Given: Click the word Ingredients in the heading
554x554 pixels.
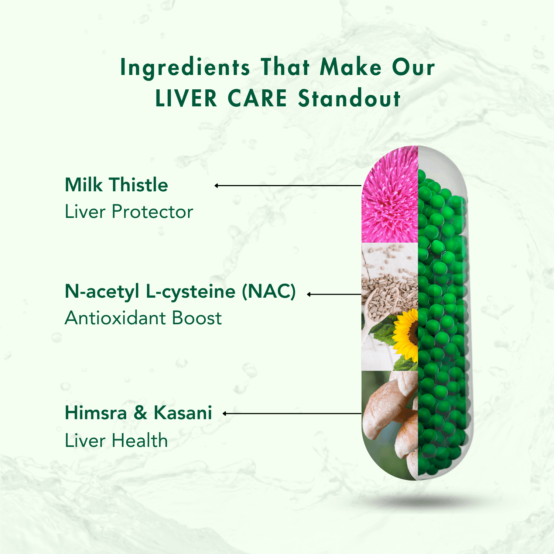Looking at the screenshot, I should click(185, 68).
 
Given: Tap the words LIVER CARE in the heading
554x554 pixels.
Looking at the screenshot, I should click(221, 99).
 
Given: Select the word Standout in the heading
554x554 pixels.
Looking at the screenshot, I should click(349, 99).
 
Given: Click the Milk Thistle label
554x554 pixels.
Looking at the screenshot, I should click(116, 185).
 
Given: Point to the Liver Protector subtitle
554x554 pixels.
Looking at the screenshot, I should click(129, 212).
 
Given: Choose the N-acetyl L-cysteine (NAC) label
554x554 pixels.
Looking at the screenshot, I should click(180, 291).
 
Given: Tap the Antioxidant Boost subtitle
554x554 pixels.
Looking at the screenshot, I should click(143, 318).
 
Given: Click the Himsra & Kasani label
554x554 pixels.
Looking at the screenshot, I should click(138, 413).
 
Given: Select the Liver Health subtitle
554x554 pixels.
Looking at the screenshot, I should click(116, 441).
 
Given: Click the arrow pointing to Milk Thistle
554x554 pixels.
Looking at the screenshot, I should click(288, 185).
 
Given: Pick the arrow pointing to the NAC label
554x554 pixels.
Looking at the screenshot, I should click(334, 294).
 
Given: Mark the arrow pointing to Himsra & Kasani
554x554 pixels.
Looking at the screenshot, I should click(292, 414).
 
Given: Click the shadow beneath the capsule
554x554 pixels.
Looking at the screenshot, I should click(417, 500).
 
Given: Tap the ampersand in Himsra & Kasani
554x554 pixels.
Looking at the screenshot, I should click(140, 413).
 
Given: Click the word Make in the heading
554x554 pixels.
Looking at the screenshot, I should click(350, 68).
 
